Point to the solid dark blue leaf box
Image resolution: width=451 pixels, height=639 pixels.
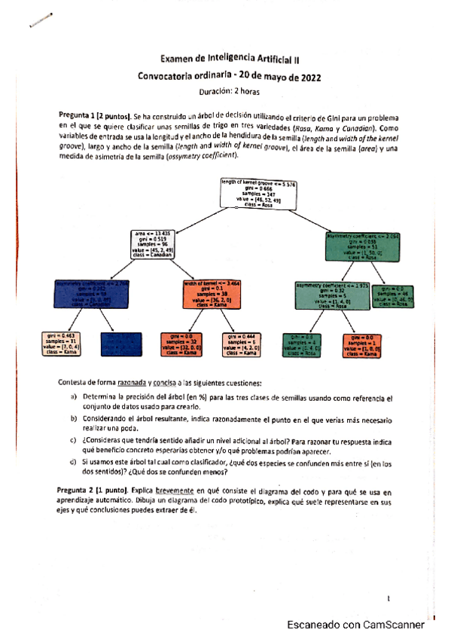click(x=120, y=343)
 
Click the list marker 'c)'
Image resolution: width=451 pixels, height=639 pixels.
click(x=73, y=440)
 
